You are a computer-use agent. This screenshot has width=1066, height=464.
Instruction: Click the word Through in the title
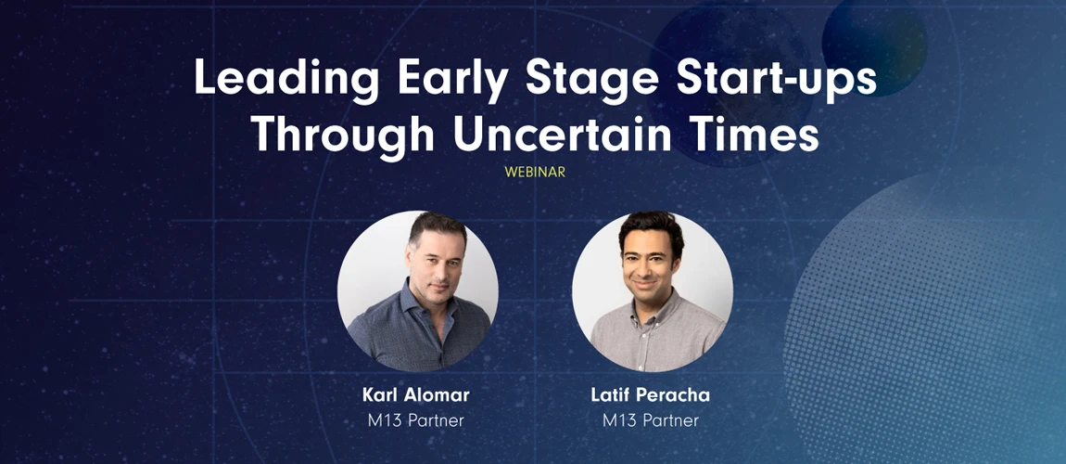coord(343,135)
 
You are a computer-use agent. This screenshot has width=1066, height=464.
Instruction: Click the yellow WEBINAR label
coord(535,173)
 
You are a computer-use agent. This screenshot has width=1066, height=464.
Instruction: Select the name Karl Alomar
coord(416,396)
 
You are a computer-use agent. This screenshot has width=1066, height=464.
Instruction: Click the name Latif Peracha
coord(651,396)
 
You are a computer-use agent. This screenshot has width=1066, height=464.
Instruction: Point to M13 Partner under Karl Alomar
coord(416,420)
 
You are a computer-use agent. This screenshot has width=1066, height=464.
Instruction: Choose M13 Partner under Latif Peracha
coord(651,420)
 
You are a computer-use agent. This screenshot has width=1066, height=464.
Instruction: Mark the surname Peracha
coord(676,396)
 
